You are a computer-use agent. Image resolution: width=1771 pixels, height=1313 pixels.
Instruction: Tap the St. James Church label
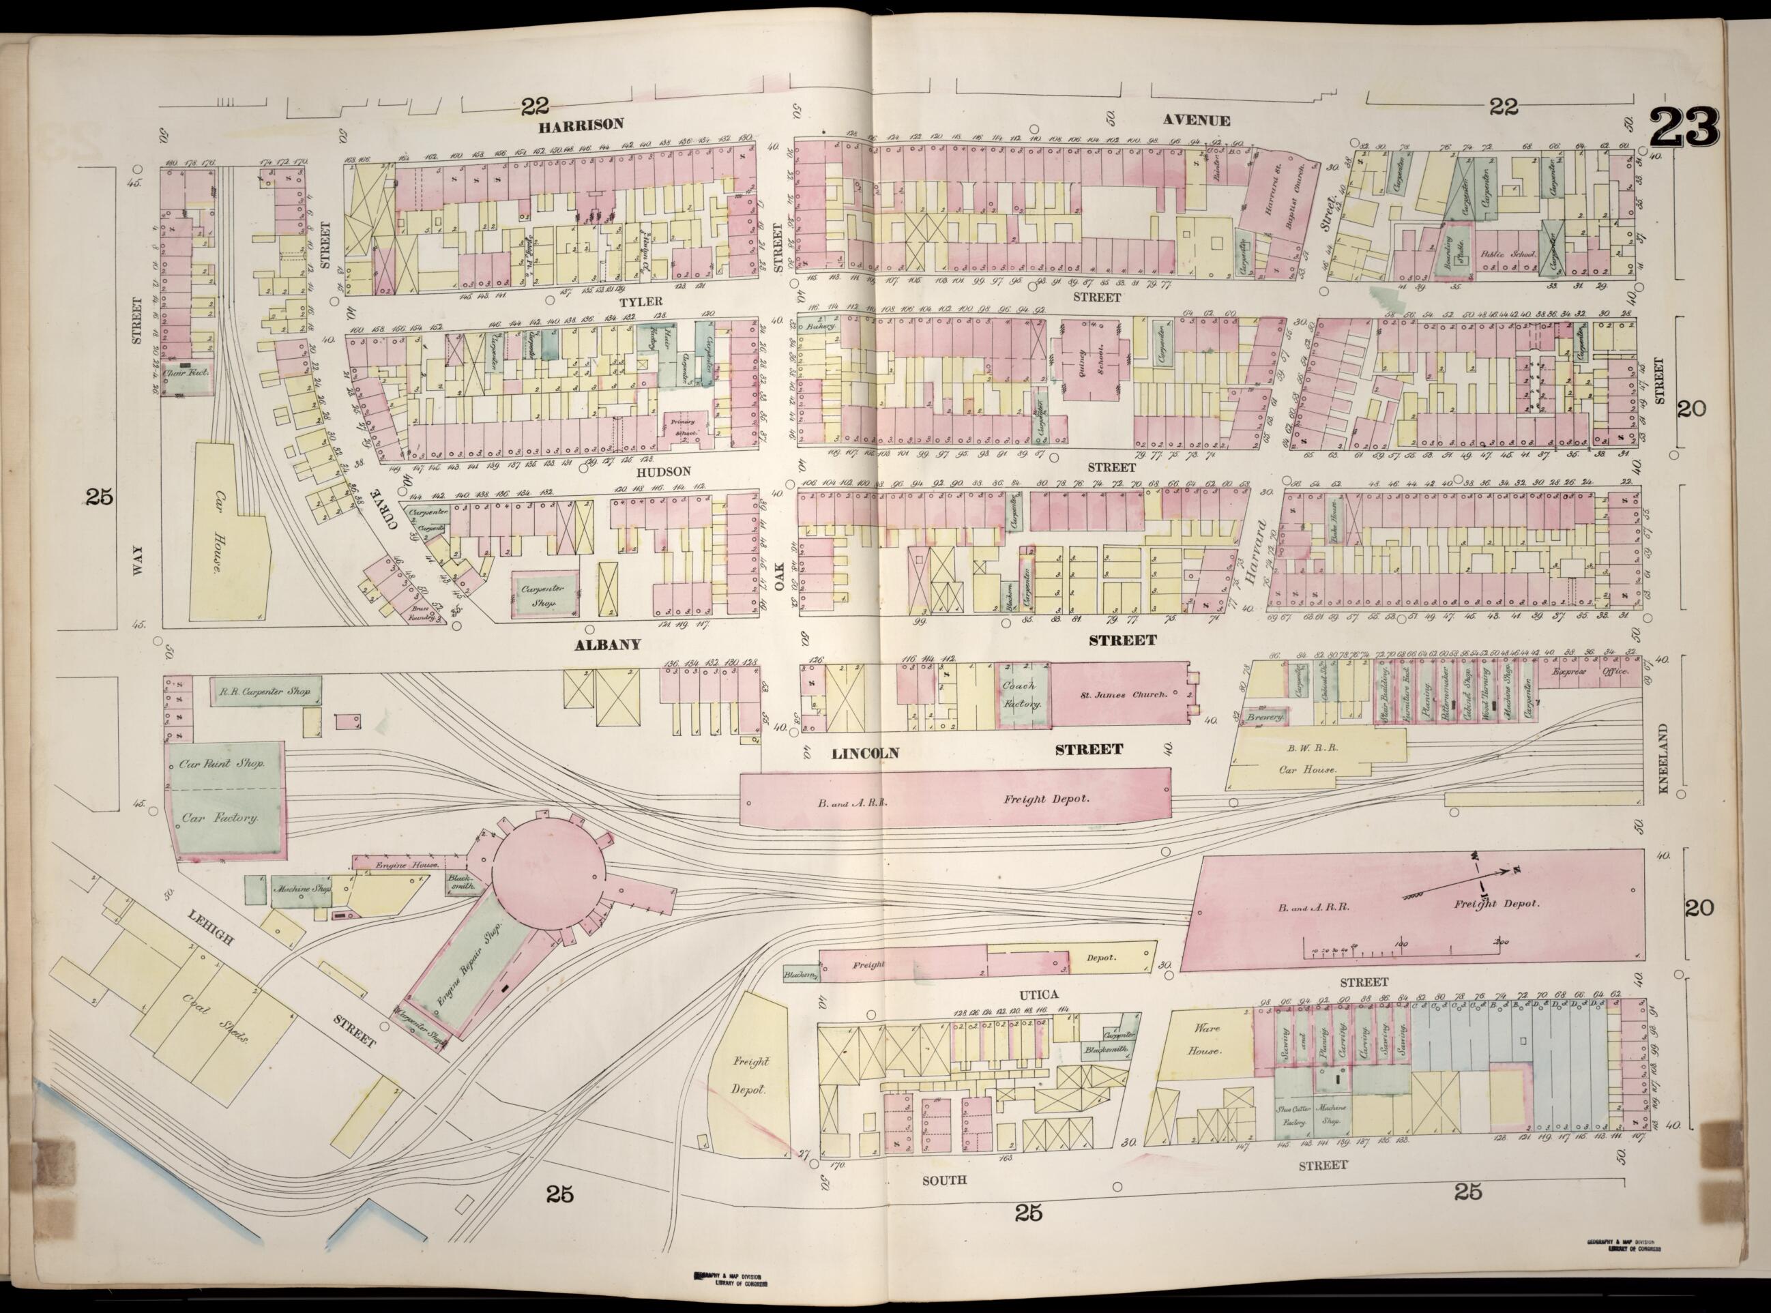point(1122,694)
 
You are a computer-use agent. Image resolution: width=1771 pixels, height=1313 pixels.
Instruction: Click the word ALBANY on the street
point(607,645)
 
